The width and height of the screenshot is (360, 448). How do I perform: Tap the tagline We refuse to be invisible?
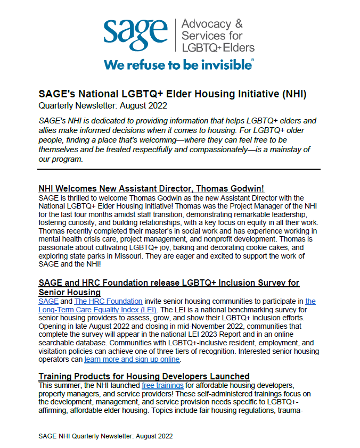179,65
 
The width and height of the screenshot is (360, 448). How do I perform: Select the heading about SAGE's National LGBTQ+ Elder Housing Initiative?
172,94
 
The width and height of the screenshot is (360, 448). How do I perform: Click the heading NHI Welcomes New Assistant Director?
151,189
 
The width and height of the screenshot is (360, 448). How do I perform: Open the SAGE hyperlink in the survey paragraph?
48,301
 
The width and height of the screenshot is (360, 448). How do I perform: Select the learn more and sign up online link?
132,360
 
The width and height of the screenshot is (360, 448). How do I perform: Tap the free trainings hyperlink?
162,385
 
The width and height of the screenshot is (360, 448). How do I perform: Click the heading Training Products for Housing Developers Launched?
144,377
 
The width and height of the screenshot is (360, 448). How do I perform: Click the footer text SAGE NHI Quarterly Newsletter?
105,436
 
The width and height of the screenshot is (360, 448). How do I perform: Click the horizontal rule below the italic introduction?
179,170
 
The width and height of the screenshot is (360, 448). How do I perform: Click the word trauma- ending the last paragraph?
305,410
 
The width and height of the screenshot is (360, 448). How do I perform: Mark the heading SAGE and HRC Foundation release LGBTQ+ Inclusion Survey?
169,287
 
